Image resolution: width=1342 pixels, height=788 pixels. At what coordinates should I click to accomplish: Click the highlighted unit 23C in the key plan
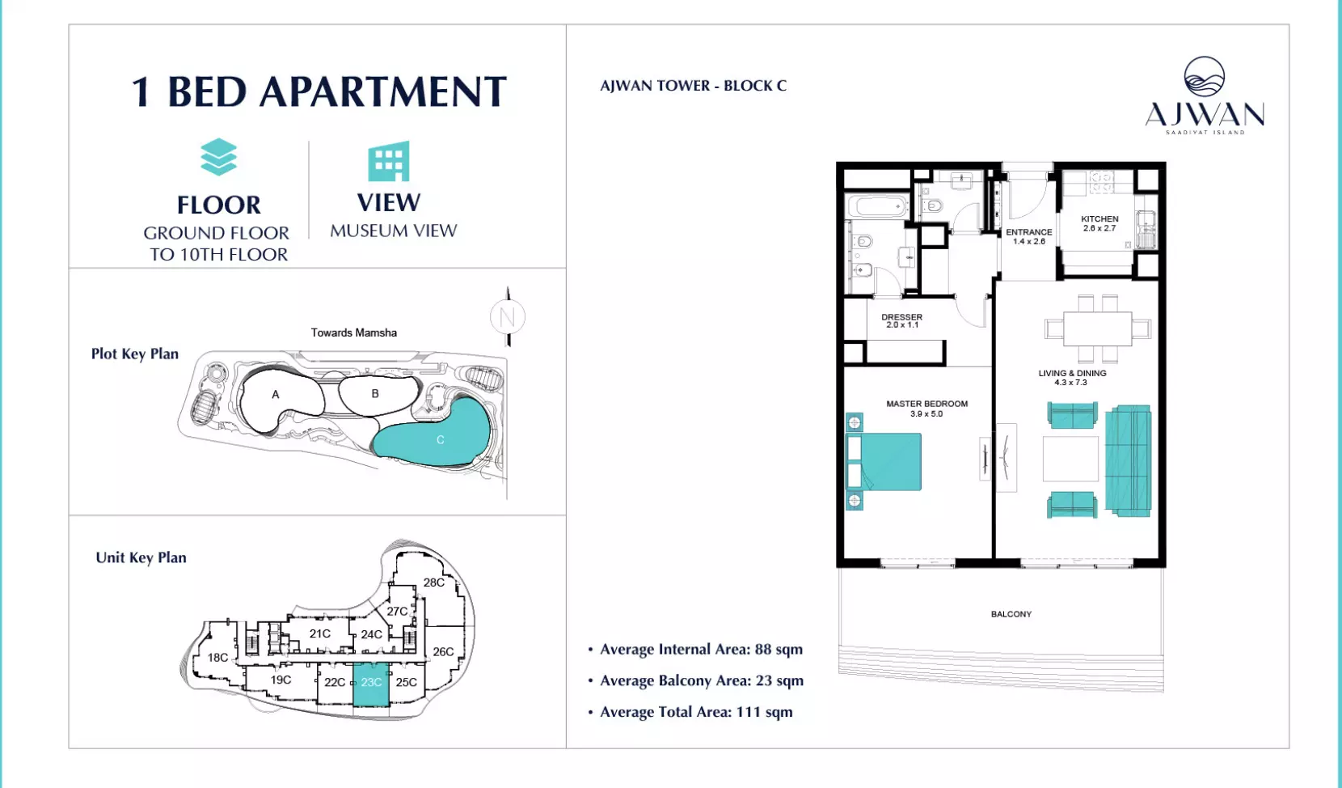[x=371, y=684]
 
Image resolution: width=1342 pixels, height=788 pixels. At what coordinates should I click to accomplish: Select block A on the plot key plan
[x=280, y=399]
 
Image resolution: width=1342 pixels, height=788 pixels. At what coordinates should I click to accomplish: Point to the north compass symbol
[x=508, y=316]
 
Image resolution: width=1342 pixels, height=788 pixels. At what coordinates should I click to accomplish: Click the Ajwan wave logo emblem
[x=1205, y=77]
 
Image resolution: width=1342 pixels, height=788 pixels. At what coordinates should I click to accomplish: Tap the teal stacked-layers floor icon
[x=218, y=157]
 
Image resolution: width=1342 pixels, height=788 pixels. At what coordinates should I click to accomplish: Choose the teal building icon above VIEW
[x=389, y=161]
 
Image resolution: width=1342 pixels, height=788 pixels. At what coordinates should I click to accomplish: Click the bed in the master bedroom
[x=883, y=462]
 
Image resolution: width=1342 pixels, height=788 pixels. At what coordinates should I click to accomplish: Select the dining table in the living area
[x=1098, y=328]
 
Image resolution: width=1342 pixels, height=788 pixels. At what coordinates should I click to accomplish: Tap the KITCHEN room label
[x=1099, y=219]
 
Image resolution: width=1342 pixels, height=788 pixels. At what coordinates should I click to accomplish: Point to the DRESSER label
[x=901, y=316]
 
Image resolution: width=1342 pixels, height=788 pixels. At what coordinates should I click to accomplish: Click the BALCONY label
[x=1011, y=614]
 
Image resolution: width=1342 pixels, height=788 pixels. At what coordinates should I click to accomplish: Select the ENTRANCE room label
[x=1028, y=232]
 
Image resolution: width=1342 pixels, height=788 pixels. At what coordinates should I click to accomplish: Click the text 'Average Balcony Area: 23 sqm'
[x=702, y=680]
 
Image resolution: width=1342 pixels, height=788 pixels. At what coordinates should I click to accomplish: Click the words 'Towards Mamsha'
[x=353, y=333]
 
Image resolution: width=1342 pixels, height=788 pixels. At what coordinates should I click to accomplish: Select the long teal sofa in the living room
[x=1128, y=460]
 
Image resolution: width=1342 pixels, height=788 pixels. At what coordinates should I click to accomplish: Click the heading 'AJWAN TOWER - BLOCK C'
[x=693, y=86]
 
